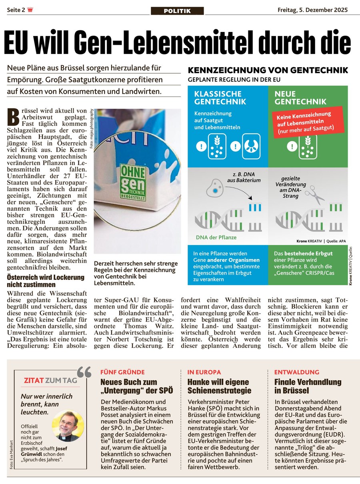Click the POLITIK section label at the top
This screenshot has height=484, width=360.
[x=177, y=11]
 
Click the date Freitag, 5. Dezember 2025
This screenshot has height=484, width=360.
[x=313, y=10]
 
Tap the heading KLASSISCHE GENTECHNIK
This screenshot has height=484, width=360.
[x=218, y=98]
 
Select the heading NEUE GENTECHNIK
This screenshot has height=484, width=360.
[x=300, y=98]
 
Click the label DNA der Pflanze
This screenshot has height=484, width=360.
[x=216, y=237]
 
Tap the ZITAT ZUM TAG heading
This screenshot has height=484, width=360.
[x=50, y=380]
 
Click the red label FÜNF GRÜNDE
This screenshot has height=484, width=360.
[x=122, y=372]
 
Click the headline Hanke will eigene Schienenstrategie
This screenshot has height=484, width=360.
[x=218, y=386]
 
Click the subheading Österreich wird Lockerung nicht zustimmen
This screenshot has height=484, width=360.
[x=46, y=281]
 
